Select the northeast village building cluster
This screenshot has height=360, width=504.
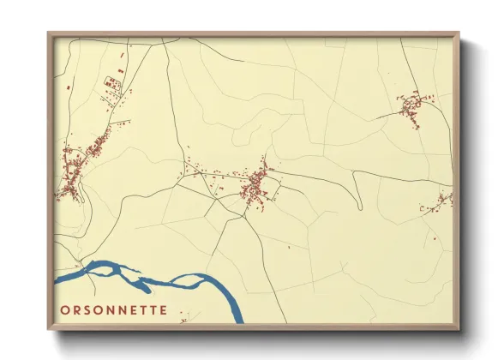(411, 107)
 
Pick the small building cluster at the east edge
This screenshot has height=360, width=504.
(440, 202)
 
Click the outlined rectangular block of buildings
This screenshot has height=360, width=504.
(112, 83)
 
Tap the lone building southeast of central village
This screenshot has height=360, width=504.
(290, 248)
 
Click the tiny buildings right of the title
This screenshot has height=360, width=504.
(183, 321)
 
